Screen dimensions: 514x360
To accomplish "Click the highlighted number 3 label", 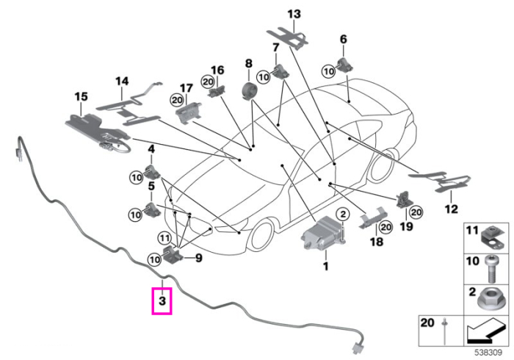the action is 162,300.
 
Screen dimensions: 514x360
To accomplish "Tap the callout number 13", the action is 294,14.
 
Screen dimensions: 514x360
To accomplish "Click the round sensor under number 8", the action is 249,91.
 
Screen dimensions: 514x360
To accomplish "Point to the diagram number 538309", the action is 488,353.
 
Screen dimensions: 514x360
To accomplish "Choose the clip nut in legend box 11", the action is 493,237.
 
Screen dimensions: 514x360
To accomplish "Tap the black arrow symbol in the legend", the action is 485,332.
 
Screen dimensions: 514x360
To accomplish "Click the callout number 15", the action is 81,97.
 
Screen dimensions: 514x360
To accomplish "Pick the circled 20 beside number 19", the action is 416,212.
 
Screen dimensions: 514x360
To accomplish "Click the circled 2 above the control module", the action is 343,215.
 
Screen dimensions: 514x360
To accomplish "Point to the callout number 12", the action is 451,209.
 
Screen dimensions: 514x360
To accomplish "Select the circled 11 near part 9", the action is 164,237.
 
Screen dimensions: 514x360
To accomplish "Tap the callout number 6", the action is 343,40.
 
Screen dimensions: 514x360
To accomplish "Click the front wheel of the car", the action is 263,235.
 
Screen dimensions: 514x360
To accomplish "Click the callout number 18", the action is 376,242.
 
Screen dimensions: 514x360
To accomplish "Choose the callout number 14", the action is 122,81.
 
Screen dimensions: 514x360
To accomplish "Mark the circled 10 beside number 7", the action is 264,77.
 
